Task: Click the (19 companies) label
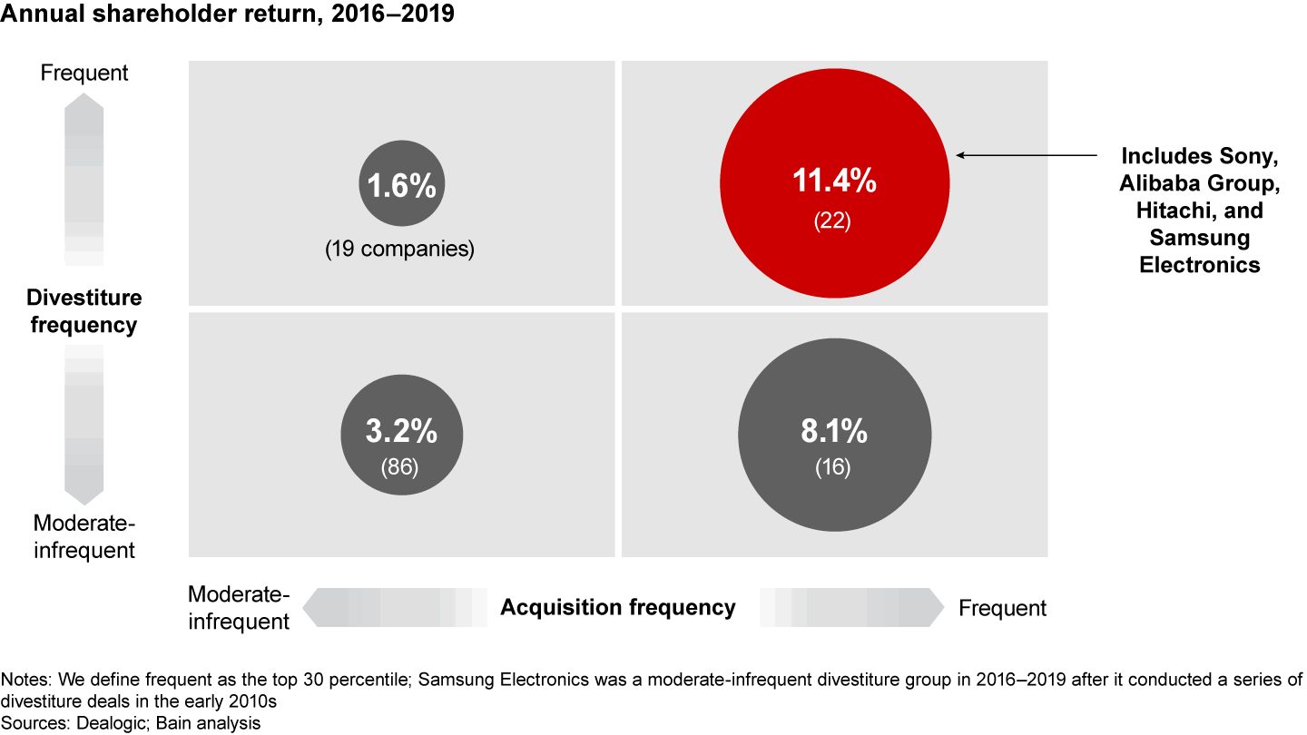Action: click(x=399, y=250)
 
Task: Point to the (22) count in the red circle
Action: click(x=833, y=220)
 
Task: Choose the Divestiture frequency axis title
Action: click(x=84, y=311)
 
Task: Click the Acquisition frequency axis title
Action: click(x=618, y=607)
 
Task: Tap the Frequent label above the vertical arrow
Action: click(x=84, y=73)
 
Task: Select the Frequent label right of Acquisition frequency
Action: click(x=1002, y=608)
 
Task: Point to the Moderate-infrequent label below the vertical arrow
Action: click(x=84, y=536)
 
